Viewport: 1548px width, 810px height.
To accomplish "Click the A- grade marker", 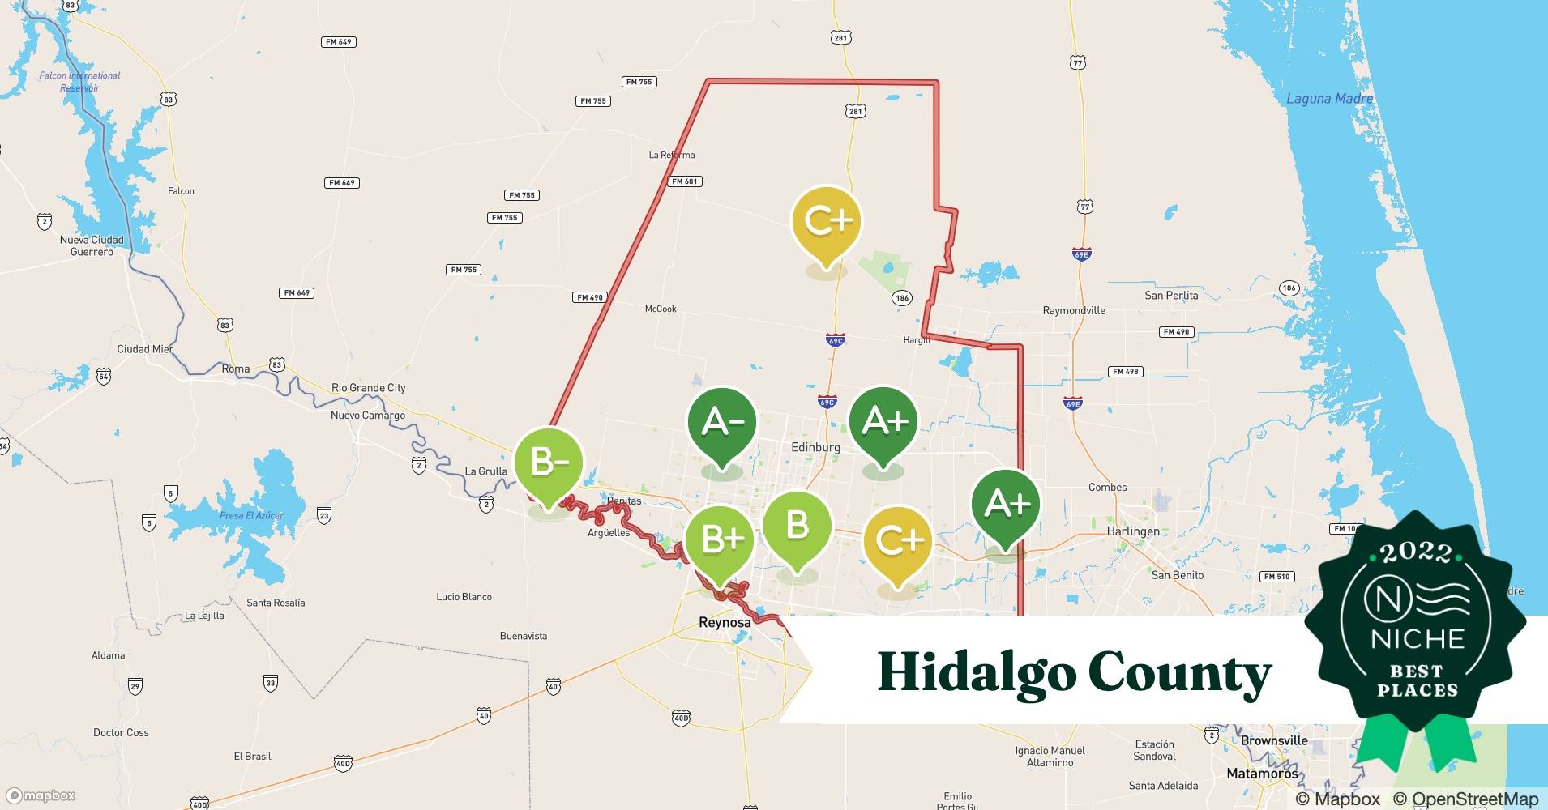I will tap(721, 423).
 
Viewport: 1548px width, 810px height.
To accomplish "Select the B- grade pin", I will tap(549, 463).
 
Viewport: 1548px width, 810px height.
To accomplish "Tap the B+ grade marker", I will tap(719, 539).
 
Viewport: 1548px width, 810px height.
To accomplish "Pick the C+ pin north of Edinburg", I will tap(826, 221).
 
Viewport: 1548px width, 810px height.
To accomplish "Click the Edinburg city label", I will tap(815, 447).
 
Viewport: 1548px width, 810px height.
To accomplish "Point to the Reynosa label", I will tap(725, 622).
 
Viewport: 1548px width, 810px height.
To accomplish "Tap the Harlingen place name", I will tap(1132, 531).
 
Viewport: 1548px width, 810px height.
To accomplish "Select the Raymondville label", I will tap(1074, 310).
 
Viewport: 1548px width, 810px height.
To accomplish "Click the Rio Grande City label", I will tap(368, 388).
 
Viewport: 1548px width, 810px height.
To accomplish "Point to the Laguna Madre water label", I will tap(1329, 99).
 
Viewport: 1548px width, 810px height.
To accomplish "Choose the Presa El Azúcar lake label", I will tap(251, 515).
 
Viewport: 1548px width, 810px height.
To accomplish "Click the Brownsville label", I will tap(1274, 740).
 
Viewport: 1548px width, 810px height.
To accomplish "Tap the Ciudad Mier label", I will tap(145, 349).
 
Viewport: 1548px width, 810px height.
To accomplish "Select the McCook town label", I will tap(660, 309).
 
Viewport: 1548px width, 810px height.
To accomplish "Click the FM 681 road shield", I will tap(685, 181).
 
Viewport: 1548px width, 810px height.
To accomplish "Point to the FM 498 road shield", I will tap(1125, 372).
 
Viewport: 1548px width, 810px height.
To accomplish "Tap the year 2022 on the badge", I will tap(1417, 553).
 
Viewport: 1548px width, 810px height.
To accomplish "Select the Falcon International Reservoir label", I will tap(79, 81).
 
